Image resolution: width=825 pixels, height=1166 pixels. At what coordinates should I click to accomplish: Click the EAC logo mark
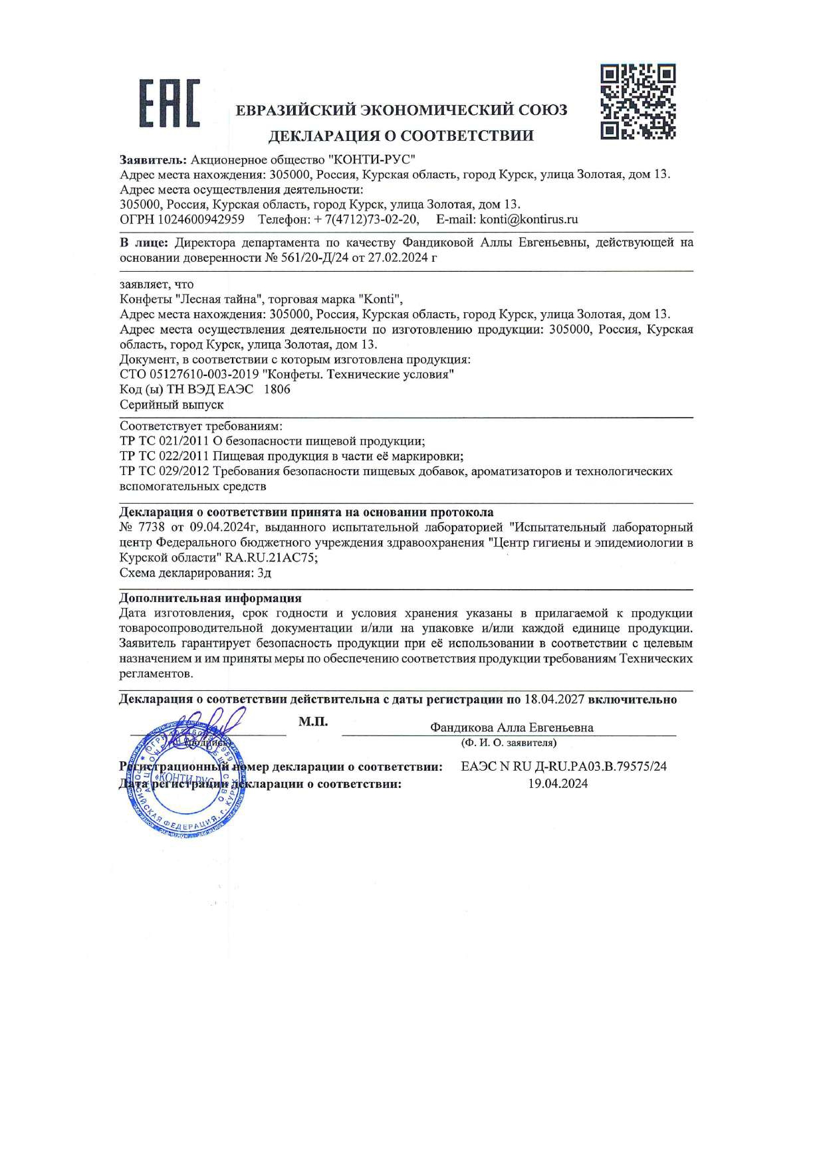click(x=169, y=103)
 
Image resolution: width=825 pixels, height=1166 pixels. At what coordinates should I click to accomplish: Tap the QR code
click(x=638, y=101)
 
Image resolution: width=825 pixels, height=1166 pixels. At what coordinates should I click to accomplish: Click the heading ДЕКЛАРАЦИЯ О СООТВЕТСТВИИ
click(x=401, y=136)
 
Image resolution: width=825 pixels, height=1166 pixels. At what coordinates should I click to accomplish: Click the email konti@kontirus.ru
click(x=529, y=219)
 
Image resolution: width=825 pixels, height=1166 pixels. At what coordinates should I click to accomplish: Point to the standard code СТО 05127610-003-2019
click(x=189, y=374)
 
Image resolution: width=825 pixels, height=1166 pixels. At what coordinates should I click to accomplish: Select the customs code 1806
click(x=277, y=389)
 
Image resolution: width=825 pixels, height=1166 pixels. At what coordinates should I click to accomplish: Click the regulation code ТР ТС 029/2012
click(x=164, y=471)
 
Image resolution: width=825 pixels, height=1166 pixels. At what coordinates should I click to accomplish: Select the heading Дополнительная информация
click(x=210, y=598)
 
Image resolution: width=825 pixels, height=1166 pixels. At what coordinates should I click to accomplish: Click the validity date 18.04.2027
click(x=554, y=700)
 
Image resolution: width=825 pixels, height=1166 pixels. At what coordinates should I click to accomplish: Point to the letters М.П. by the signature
click(x=313, y=722)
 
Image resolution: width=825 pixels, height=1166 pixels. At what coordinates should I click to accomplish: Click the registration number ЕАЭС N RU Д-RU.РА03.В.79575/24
click(x=564, y=767)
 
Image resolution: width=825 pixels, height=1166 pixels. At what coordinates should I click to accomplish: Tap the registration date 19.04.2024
click(x=558, y=784)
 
